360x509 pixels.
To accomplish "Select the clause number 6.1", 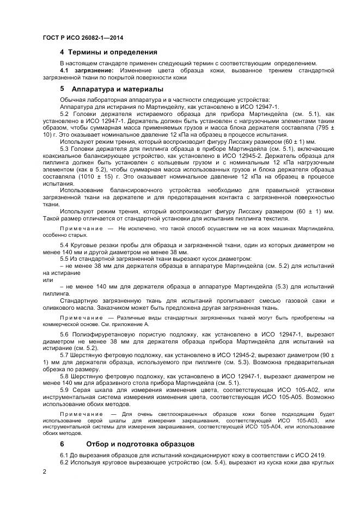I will (65, 455).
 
